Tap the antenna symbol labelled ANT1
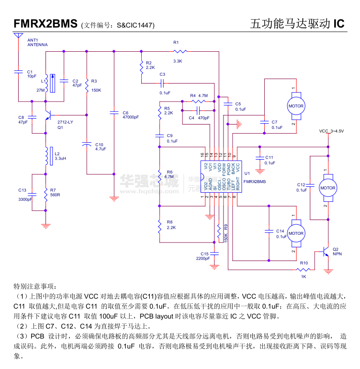tap(18, 35)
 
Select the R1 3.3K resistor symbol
tap(180, 50)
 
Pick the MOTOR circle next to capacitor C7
tap(295, 106)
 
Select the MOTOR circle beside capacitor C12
tap(328, 188)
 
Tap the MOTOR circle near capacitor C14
tap(295, 233)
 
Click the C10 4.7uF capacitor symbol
tap(87, 143)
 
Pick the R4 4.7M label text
tap(199, 96)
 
